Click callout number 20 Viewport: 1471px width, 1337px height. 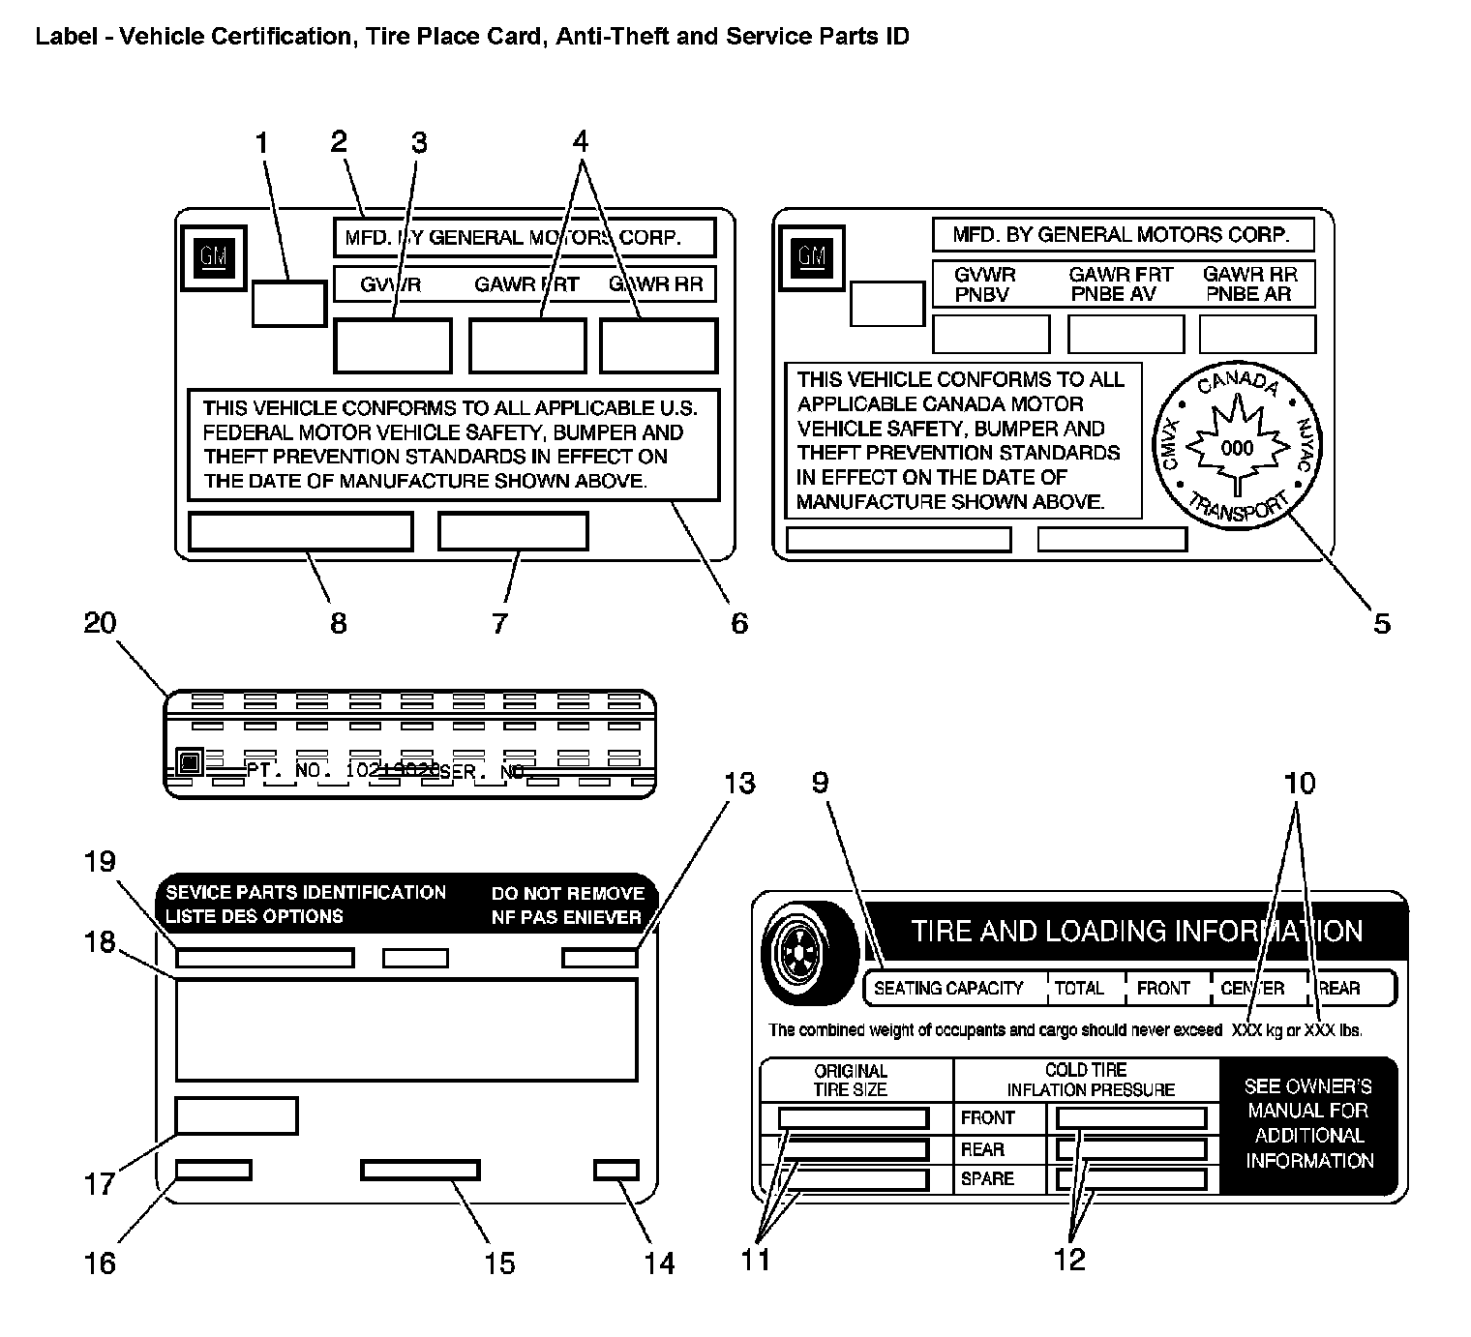pos(100,622)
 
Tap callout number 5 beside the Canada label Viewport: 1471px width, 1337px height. pos(1381,623)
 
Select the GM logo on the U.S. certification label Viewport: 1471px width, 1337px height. pos(213,256)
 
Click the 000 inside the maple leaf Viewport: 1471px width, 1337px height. pos(1237,448)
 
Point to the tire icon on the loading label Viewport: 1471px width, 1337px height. pos(809,952)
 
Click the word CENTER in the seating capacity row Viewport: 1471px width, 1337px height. pos(1252,988)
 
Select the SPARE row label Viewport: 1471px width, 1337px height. pos(987,1178)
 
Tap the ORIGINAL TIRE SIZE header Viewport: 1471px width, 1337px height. pos(850,1080)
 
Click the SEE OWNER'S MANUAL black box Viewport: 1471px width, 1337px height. pos(1308,1123)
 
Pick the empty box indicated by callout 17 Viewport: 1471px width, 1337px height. pos(236,1114)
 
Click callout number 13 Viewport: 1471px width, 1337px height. pos(739,782)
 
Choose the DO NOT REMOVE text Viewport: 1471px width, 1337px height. pos(567,893)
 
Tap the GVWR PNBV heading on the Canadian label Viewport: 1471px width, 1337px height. pos(985,284)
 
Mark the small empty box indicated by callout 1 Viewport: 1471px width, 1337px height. pos(288,303)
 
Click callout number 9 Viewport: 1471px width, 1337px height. pos(821,782)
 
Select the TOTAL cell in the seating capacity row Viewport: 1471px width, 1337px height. pos(1079,988)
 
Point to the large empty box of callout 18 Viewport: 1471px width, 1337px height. pos(406,1029)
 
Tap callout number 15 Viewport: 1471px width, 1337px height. pos(499,1263)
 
